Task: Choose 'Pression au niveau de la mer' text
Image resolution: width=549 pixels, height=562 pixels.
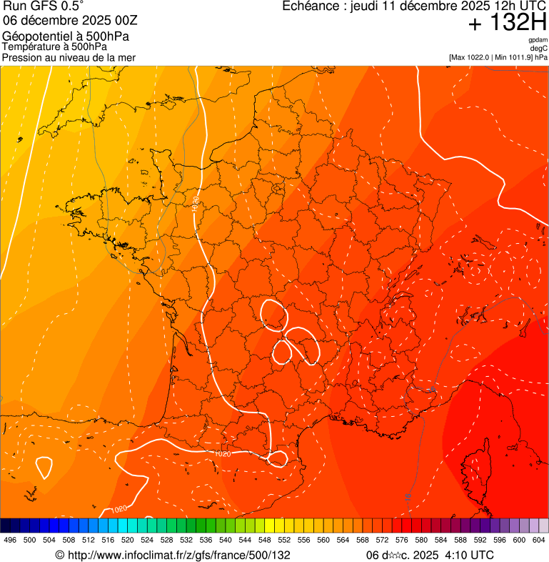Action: (x=69, y=57)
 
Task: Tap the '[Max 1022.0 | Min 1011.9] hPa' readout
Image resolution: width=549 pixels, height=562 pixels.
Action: (x=498, y=57)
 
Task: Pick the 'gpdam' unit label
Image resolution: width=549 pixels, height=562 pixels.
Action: (x=538, y=40)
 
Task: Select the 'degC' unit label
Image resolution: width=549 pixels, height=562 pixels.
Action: (x=539, y=49)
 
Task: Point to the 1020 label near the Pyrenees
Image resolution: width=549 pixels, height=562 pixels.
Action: (x=223, y=453)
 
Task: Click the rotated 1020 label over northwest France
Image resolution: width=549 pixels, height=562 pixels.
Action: (x=196, y=203)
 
